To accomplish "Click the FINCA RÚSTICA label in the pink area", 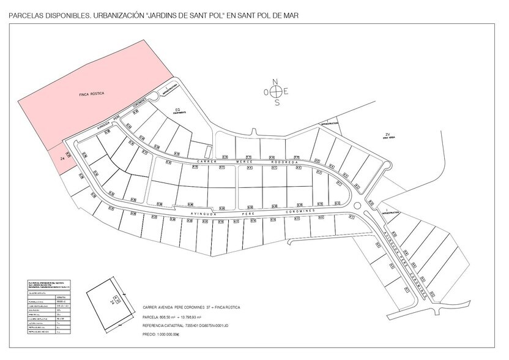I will click(92, 94).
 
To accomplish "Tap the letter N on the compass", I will click(276, 81).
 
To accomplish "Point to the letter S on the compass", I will click(277, 103).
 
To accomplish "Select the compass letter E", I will click(286, 92).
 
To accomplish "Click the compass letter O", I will click(266, 92).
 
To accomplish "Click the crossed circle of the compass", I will click(277, 92).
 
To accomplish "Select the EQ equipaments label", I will click(177, 110).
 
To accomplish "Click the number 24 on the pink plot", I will click(62, 158).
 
